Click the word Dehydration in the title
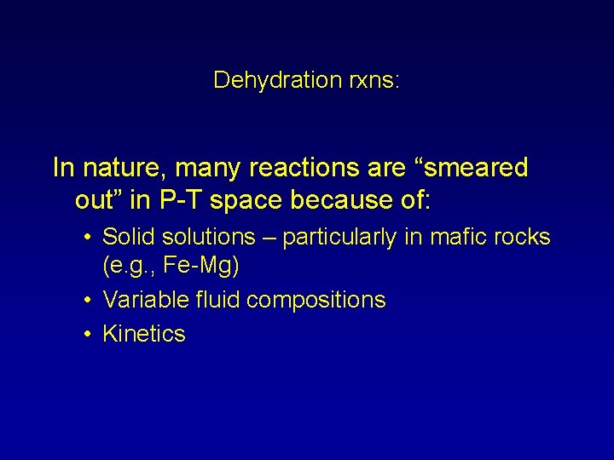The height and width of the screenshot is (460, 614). (x=266, y=80)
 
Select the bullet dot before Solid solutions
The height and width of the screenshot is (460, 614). (x=89, y=238)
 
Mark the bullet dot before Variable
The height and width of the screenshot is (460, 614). (x=89, y=301)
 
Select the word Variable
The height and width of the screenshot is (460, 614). (x=141, y=300)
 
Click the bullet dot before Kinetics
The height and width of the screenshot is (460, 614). (x=89, y=334)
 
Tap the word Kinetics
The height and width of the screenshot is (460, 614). (x=143, y=333)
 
